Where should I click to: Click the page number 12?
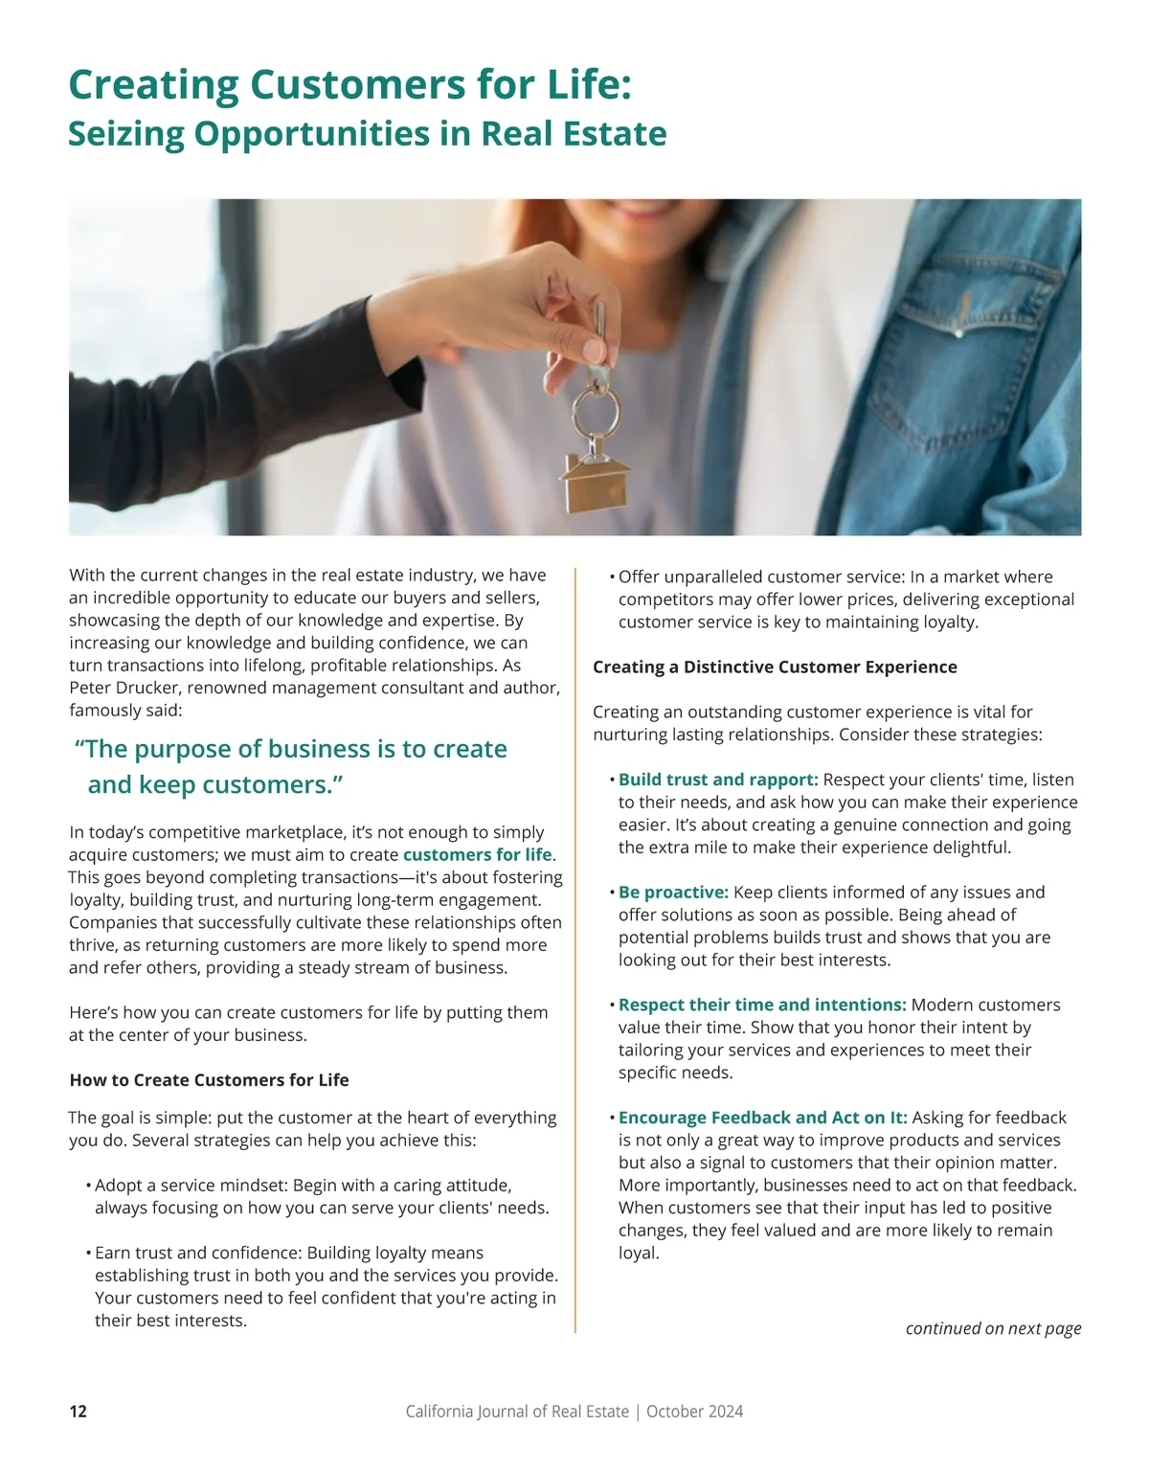(79, 1412)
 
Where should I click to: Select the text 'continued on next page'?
(993, 1328)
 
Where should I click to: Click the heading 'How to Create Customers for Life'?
(209, 1080)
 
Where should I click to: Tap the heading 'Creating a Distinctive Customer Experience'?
(775, 667)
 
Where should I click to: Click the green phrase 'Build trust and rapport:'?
(718, 780)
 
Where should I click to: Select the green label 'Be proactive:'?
(673, 893)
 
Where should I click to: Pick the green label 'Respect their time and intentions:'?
(762, 1006)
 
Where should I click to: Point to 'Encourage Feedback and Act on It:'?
(762, 1118)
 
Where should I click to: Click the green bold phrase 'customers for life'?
(478, 855)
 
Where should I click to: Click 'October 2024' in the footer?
(694, 1412)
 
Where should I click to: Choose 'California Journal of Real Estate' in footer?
(517, 1412)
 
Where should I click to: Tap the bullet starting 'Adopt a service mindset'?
(303, 1186)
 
